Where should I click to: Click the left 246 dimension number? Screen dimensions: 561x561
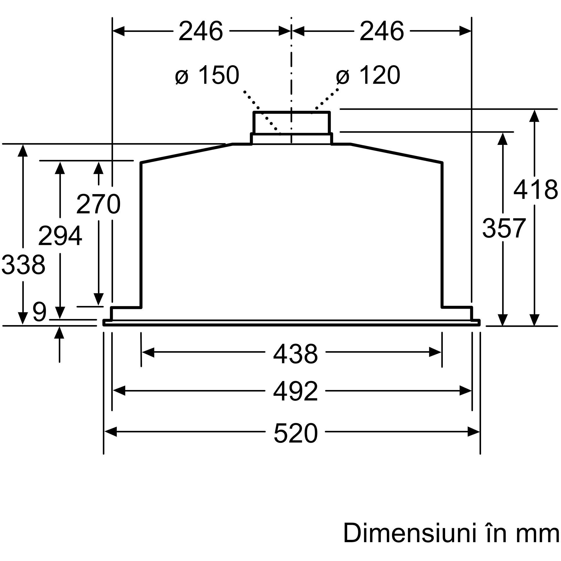pyautogui.click(x=201, y=31)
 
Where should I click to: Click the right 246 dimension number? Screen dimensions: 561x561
pyautogui.click(x=382, y=31)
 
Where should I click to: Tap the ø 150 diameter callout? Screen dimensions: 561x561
pyautogui.click(x=207, y=75)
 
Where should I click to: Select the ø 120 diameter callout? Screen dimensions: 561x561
pyautogui.click(x=368, y=75)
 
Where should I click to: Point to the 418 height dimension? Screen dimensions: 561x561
pyautogui.click(x=535, y=189)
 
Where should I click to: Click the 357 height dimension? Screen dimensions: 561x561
pyautogui.click(x=504, y=228)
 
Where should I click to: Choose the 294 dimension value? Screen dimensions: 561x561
pyautogui.click(x=60, y=236)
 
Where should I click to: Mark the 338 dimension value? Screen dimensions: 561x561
pyautogui.click(x=23, y=265)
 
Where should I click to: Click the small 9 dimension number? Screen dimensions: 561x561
pyautogui.click(x=39, y=312)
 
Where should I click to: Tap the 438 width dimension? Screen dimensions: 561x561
pyautogui.click(x=296, y=354)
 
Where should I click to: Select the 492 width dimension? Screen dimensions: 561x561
pyautogui.click(x=296, y=391)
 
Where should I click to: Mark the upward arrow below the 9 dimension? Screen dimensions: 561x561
pyautogui.click(x=59, y=344)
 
